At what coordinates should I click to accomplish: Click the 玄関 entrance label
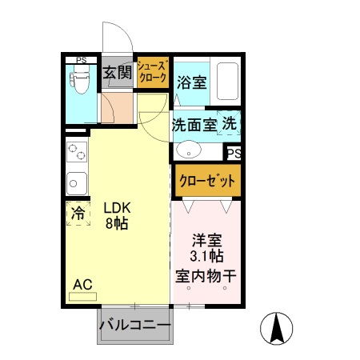118,74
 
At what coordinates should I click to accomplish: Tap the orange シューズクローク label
152,73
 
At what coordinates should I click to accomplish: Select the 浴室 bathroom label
191,82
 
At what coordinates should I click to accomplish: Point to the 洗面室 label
193,125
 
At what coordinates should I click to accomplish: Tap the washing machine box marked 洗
230,125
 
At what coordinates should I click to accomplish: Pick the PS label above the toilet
81,59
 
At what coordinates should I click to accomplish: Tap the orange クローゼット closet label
206,179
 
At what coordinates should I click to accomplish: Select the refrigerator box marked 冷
78,214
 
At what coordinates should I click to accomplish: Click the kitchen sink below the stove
77,182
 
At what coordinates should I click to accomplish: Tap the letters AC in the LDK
82,284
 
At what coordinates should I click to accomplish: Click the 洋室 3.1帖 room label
206,248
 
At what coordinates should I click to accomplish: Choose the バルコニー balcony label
134,326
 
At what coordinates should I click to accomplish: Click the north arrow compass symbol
278,329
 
